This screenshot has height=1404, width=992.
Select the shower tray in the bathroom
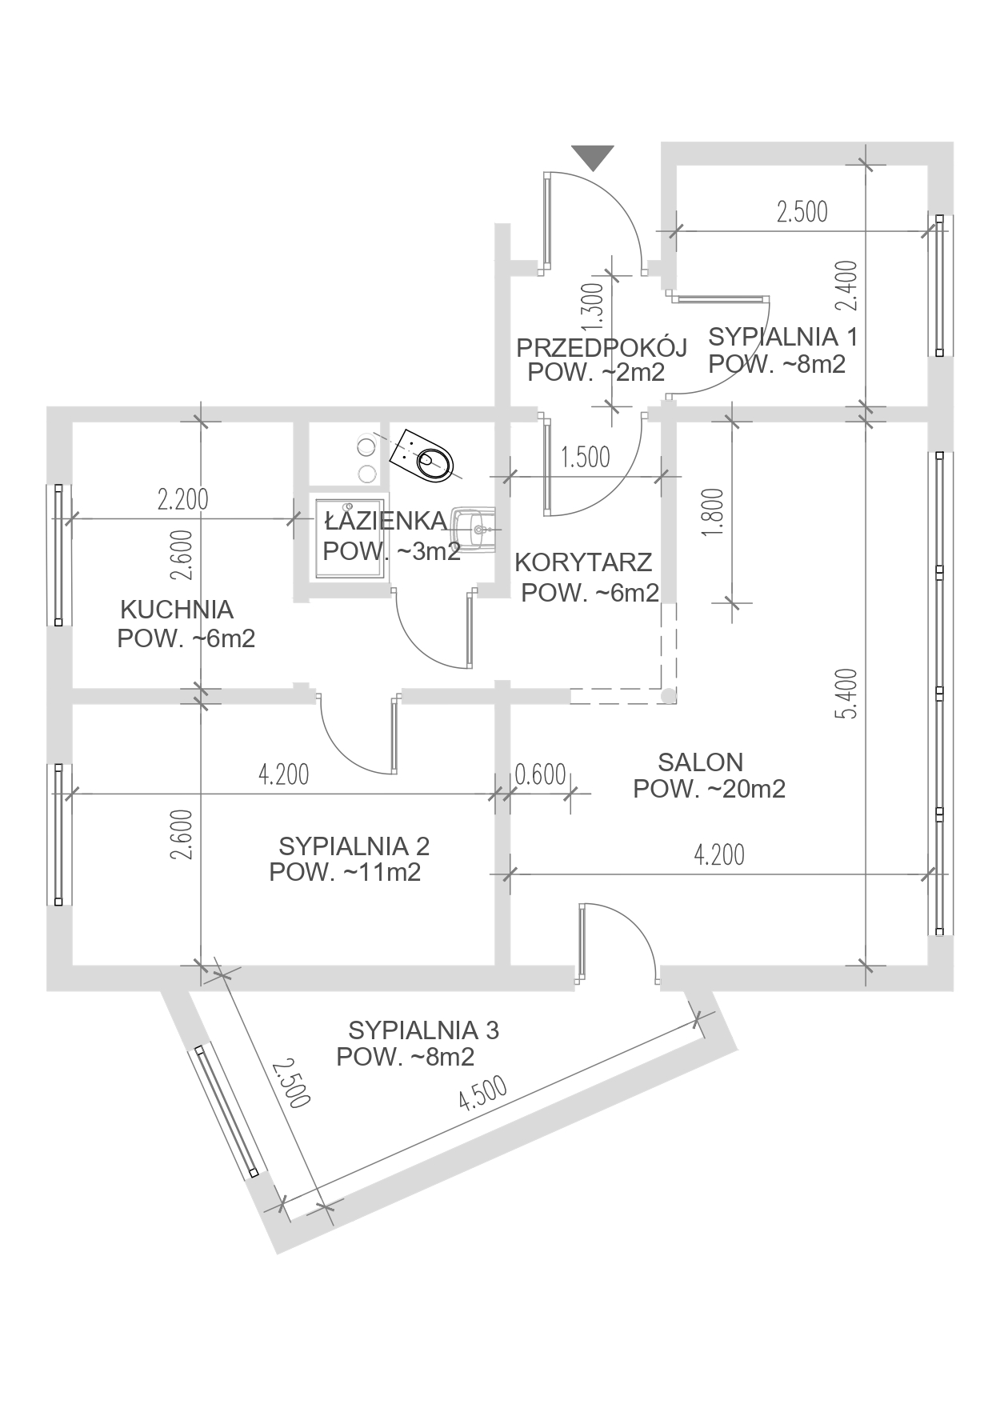point(351,538)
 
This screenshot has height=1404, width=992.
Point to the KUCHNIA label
point(177,610)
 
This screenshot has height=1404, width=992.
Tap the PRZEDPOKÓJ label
point(602,348)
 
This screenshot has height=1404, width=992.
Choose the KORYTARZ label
point(583,562)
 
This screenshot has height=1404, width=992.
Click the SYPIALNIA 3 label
point(423,1030)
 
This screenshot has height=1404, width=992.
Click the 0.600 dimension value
point(540,774)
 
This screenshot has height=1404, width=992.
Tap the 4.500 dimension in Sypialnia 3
point(482,1094)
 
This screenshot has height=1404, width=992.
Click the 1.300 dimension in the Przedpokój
point(593,307)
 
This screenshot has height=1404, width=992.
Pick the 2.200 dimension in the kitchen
point(182,499)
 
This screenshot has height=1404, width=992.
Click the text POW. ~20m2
point(709,790)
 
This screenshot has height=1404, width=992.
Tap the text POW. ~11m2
point(345,873)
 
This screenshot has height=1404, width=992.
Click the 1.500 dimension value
point(585,457)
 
